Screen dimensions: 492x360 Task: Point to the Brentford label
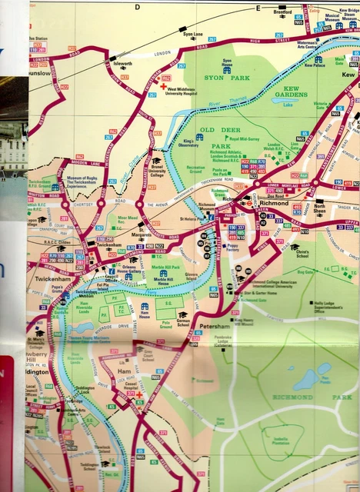point(282,13)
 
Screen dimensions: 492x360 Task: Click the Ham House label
point(143,313)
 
